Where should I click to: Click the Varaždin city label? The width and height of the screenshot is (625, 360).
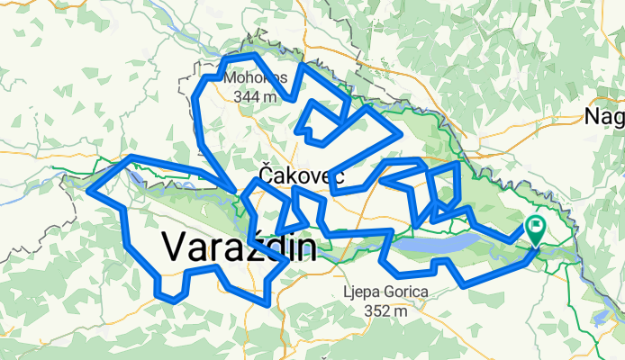click(239, 247)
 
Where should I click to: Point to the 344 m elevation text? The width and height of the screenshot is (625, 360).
click(256, 95)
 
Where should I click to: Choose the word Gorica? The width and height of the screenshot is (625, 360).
click(404, 292)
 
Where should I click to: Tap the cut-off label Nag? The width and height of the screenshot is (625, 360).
click(603, 115)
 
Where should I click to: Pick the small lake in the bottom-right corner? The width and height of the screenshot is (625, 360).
click(602, 316)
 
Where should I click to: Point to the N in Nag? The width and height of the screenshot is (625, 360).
click(592, 115)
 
